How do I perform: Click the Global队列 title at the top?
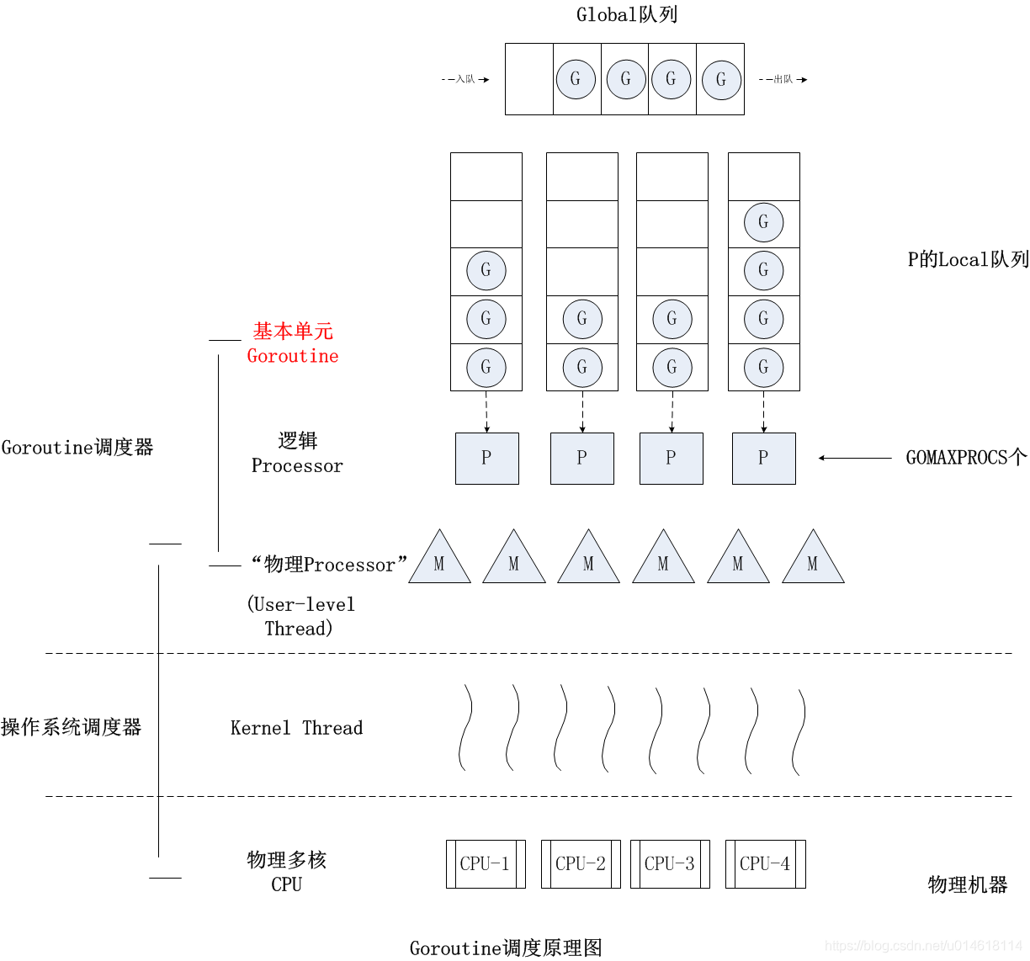click(x=626, y=14)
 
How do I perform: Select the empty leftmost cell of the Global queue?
click(x=528, y=79)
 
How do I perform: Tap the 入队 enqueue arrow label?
click(x=465, y=79)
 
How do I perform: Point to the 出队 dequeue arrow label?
click(x=783, y=79)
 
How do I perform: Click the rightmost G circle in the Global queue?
click(x=721, y=79)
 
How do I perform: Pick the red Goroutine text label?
click(x=293, y=356)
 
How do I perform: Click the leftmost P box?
click(x=486, y=458)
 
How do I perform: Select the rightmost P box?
click(x=763, y=458)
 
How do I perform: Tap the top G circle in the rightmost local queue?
click(x=763, y=223)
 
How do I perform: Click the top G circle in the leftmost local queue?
click(x=486, y=271)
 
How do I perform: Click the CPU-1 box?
click(x=485, y=863)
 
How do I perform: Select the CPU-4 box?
click(x=765, y=863)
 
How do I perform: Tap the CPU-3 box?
click(x=670, y=863)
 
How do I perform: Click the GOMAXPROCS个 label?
click(x=966, y=458)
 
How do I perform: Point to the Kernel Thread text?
click(x=296, y=728)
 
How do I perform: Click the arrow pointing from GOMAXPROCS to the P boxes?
click(x=854, y=458)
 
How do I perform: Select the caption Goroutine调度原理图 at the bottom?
click(x=506, y=948)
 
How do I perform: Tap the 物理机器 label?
click(x=967, y=885)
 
